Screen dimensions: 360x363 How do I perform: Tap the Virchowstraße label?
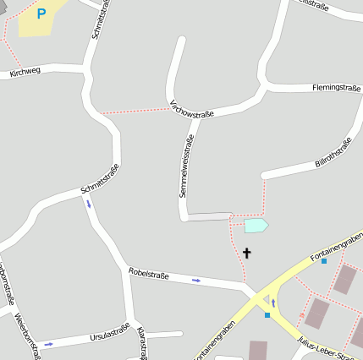[192, 108]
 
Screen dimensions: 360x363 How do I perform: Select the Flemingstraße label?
[337, 87]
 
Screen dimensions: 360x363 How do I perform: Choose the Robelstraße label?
[149, 274]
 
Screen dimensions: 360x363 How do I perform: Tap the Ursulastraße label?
[109, 334]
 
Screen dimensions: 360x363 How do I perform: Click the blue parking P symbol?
[41, 14]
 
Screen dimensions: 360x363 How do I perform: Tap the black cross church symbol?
[247, 252]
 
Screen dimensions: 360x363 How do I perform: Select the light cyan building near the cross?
[256, 225]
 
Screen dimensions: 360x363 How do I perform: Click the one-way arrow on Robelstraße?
[196, 280]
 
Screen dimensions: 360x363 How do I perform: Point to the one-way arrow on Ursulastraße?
[48, 344]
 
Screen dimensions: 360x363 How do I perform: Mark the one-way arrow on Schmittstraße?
[88, 203]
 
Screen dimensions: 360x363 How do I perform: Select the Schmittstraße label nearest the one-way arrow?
[100, 178]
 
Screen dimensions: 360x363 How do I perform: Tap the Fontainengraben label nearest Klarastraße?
[215, 341]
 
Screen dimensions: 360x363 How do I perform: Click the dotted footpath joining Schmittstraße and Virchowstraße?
[135, 111]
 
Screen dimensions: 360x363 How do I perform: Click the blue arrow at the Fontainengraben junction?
[273, 302]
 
